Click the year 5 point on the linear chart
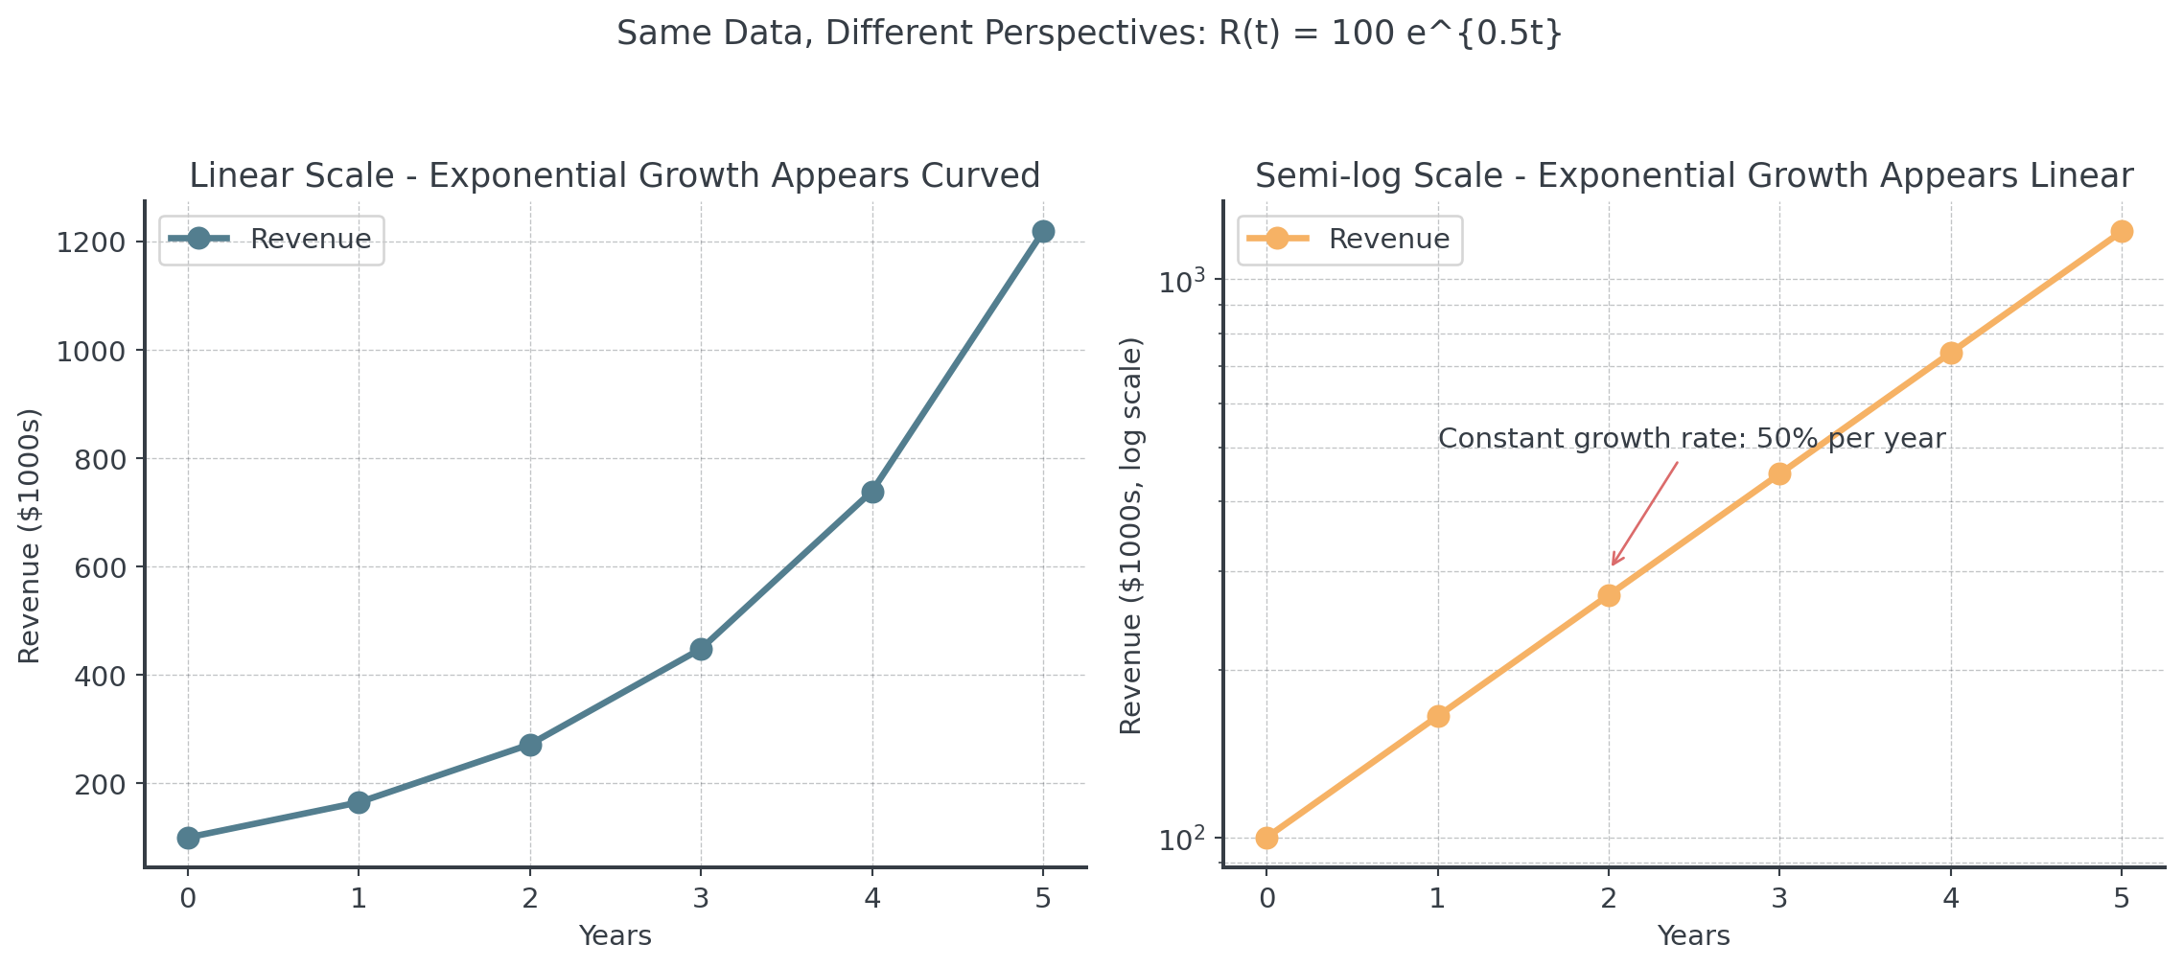coord(1043,231)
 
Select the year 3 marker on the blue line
coord(701,649)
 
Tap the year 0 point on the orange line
coord(1266,838)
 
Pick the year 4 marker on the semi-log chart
coord(1951,353)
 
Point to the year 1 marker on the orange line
coord(1438,716)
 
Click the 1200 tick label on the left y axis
coord(91,242)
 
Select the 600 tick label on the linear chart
coord(100,567)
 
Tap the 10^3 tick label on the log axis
coord(1179,282)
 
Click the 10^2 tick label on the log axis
coord(1179,841)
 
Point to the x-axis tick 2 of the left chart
coord(530,898)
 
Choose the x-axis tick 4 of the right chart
coord(1951,898)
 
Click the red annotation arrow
coord(1645,514)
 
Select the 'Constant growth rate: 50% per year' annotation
coord(1691,438)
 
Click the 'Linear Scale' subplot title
coord(614,175)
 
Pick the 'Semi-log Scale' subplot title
coord(1693,175)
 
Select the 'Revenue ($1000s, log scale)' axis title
coord(1131,536)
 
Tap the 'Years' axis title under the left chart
coord(615,935)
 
